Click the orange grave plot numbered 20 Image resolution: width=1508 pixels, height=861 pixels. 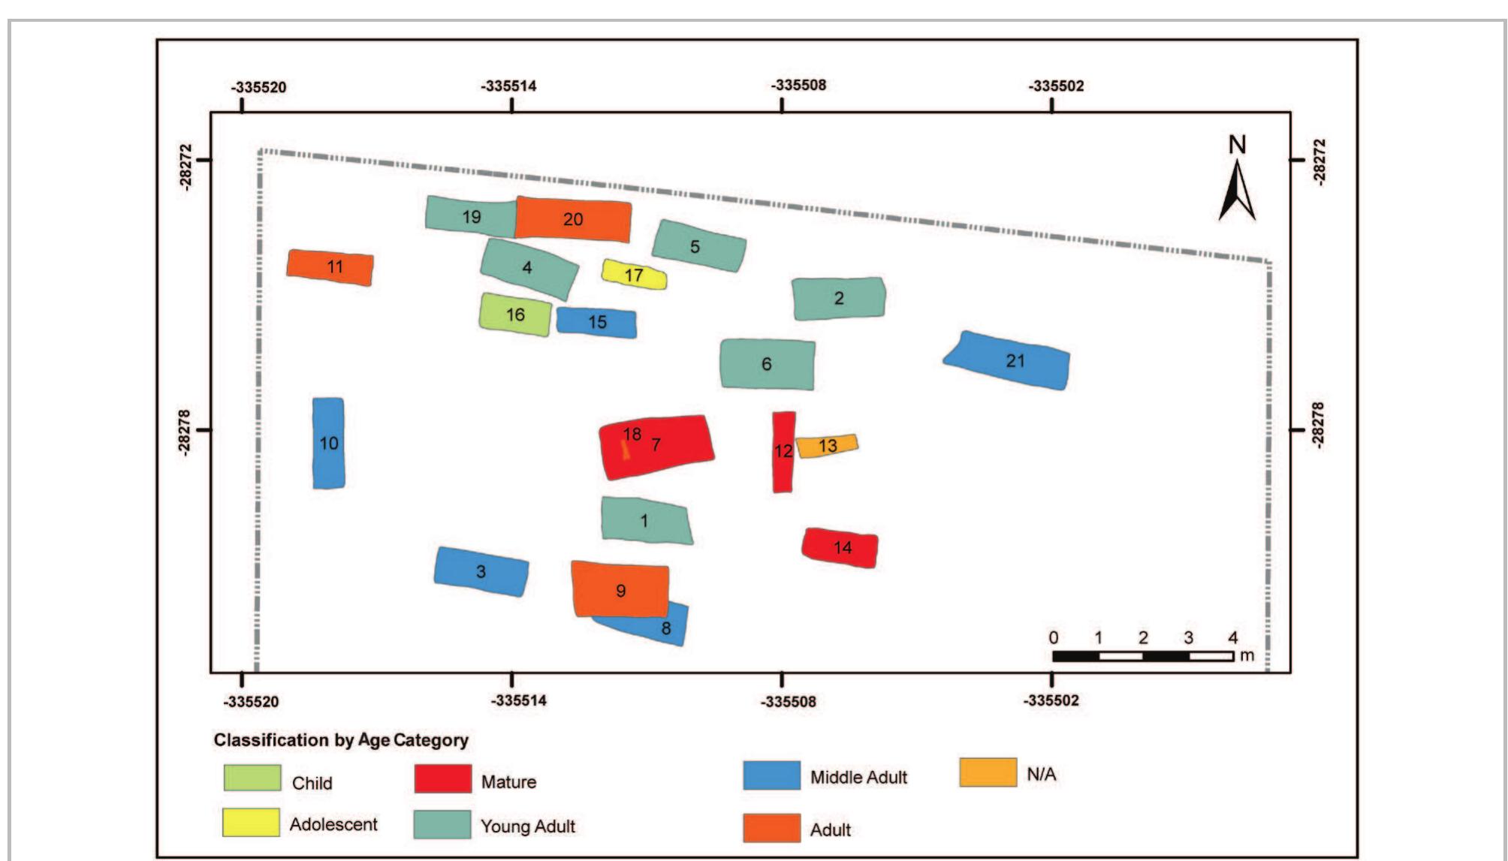point(573,219)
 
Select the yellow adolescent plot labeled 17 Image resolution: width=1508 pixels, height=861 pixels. point(633,275)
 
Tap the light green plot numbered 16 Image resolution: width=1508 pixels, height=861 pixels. point(515,315)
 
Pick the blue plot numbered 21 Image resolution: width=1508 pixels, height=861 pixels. point(1010,361)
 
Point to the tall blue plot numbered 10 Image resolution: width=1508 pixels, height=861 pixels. point(328,443)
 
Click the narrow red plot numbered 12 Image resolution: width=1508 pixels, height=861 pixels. point(783,451)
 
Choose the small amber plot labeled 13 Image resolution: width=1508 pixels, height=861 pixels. point(827,446)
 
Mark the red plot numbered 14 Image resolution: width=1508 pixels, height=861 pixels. point(840,548)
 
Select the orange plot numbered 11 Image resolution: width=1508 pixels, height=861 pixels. point(331,267)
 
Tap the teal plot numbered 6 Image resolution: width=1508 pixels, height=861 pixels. point(767,364)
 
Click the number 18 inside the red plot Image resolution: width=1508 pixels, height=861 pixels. point(632,434)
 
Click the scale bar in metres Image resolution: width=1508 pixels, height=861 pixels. point(1142,656)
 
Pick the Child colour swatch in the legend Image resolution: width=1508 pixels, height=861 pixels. point(252,778)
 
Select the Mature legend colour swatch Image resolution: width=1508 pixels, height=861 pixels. point(443,779)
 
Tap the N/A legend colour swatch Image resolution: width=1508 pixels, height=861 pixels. point(988,772)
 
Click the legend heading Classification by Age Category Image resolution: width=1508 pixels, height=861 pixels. point(341,740)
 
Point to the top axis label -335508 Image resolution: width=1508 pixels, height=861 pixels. point(798,85)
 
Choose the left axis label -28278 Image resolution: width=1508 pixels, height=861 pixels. point(185,430)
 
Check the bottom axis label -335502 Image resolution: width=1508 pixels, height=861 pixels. point(1051,700)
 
